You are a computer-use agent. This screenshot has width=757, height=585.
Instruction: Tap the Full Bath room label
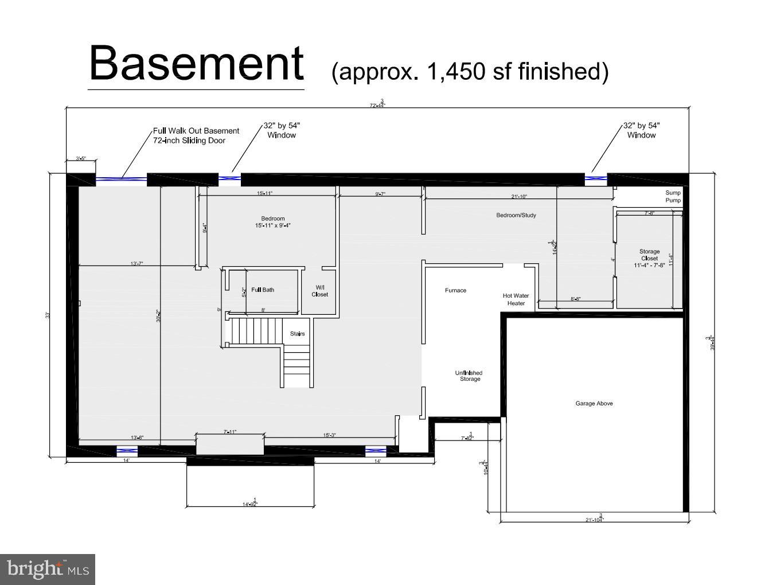[263, 290]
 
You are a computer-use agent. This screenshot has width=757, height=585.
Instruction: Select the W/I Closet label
[320, 291]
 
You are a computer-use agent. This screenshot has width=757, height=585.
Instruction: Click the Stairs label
[297, 334]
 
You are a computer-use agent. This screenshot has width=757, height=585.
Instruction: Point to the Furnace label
[455, 290]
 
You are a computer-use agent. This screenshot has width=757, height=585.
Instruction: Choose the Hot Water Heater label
[516, 299]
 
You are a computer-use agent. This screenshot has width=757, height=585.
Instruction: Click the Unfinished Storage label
[469, 376]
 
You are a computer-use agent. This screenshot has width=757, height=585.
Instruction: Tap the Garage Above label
[594, 403]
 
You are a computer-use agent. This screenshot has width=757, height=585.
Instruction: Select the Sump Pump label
[673, 197]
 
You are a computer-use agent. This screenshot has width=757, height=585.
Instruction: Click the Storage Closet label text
[650, 258]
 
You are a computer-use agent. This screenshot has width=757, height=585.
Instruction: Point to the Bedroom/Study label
[516, 215]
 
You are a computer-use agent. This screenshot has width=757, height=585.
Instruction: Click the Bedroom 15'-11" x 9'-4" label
[273, 222]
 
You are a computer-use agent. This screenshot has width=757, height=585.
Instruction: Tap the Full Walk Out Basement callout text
[196, 135]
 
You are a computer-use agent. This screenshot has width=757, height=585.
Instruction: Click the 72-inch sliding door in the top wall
[121, 180]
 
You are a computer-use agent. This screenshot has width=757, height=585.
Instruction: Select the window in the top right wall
[596, 179]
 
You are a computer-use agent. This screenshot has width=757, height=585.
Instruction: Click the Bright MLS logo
[48, 569]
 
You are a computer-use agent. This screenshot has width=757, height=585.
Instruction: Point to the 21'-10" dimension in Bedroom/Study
[519, 197]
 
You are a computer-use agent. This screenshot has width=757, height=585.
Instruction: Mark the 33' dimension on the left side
[49, 315]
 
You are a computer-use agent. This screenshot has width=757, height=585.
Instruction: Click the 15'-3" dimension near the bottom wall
[329, 435]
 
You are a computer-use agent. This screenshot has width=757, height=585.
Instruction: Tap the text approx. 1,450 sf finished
[470, 72]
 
